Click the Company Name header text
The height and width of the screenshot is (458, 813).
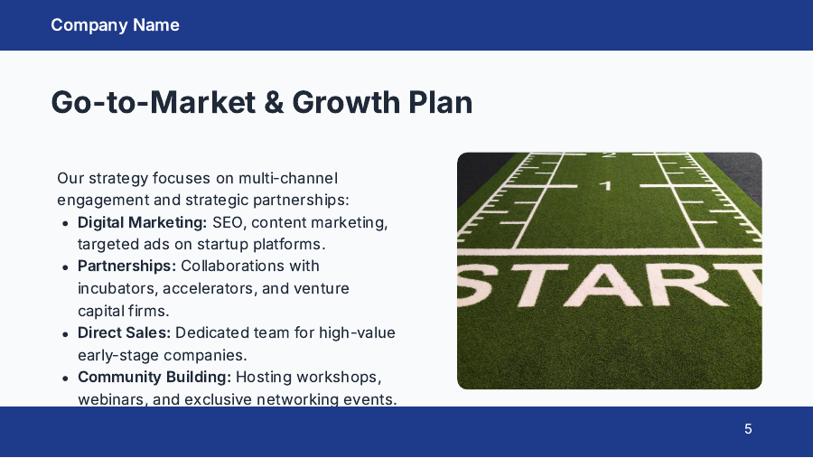point(115,25)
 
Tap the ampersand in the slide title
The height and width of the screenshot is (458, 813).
point(273,102)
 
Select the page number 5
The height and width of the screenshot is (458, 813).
point(748,429)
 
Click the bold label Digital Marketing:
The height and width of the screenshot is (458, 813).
point(142,222)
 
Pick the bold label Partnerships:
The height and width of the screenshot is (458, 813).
point(126,266)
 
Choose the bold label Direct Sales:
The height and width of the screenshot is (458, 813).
point(124,332)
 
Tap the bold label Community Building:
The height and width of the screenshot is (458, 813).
point(154,377)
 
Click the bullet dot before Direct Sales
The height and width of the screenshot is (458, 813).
point(65,334)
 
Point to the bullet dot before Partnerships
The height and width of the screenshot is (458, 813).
point(65,267)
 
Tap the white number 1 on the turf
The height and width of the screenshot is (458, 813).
point(606,186)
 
